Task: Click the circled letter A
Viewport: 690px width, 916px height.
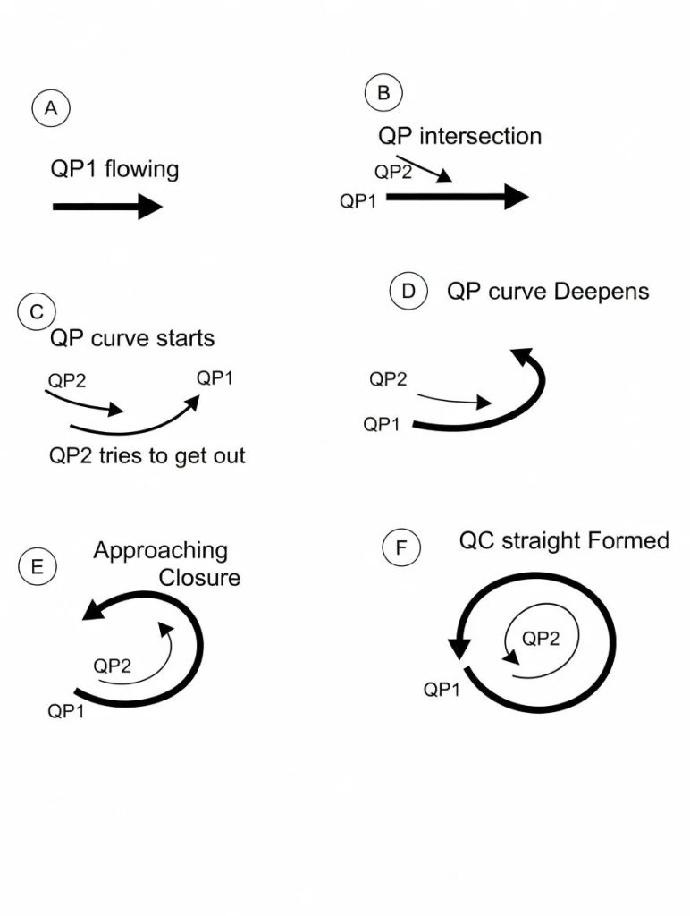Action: [51, 109]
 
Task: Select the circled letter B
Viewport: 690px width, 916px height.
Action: [383, 93]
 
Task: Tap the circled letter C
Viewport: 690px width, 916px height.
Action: [37, 311]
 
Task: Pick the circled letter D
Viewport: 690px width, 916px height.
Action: [408, 292]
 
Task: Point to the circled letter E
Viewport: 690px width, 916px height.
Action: [37, 566]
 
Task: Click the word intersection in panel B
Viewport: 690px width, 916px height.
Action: [480, 136]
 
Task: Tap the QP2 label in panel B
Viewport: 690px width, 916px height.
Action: [392, 173]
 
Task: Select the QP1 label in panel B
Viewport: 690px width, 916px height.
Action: [358, 201]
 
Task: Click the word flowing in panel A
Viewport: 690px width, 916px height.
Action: [141, 168]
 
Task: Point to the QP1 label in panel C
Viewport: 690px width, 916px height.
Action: [215, 377]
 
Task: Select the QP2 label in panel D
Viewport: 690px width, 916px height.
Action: [388, 379]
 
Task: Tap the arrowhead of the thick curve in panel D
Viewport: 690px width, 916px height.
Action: [521, 356]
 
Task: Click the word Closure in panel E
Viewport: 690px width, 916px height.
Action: [199, 577]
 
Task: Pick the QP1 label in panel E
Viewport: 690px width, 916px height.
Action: [66, 711]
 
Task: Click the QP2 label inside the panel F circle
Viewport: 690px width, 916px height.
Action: [540, 638]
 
